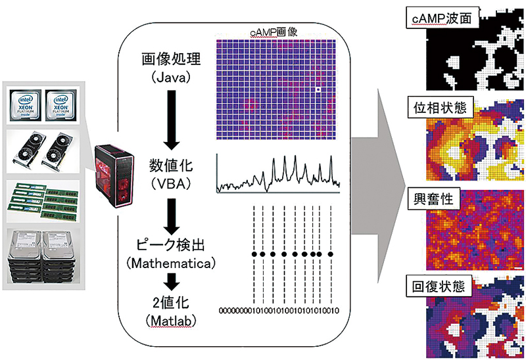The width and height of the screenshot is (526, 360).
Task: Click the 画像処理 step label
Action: (x=171, y=60)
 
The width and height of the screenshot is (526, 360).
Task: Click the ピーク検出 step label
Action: (x=171, y=245)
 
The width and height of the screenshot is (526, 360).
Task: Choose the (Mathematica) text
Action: (x=171, y=263)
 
